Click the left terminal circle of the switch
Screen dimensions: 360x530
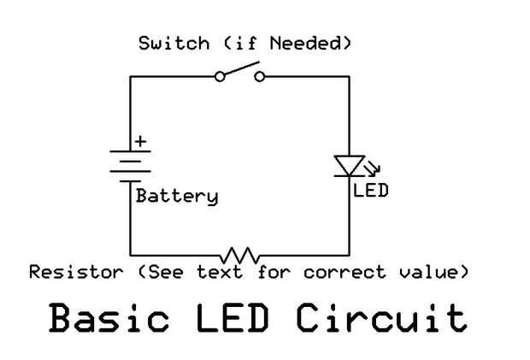click(220, 77)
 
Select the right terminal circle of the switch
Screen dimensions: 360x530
click(260, 77)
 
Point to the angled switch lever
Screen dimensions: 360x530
click(240, 69)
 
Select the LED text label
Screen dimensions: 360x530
click(370, 191)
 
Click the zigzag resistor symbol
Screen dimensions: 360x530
click(240, 255)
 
